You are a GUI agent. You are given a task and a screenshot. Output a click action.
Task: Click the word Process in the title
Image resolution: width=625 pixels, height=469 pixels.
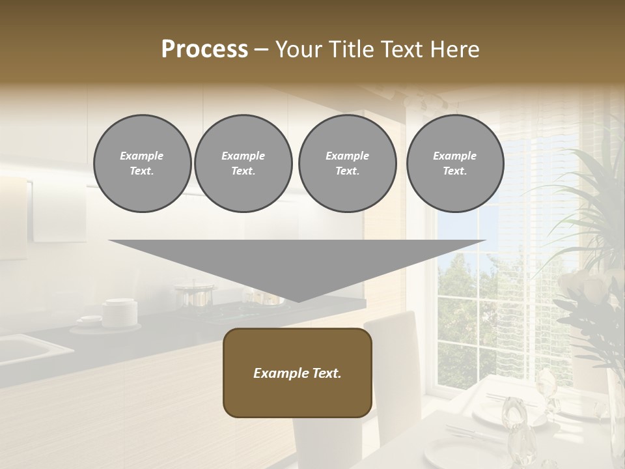204,50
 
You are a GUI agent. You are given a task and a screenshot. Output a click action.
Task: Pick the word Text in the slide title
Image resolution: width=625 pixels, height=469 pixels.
401,50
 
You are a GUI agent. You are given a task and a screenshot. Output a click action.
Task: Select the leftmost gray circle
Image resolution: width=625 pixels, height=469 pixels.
142,163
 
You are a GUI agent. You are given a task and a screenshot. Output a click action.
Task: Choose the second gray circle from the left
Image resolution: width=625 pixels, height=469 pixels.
243,163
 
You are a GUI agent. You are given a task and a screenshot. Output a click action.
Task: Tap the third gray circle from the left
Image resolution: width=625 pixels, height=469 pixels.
347,163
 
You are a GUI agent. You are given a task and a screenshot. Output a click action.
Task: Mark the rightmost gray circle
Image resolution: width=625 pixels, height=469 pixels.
454,163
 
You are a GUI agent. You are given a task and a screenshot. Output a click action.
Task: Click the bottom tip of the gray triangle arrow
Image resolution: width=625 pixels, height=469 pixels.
298,300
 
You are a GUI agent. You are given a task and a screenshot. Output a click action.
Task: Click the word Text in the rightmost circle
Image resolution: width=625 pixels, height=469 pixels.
454,171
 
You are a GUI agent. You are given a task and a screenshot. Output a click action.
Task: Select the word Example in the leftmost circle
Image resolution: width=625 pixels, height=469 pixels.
142,156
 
